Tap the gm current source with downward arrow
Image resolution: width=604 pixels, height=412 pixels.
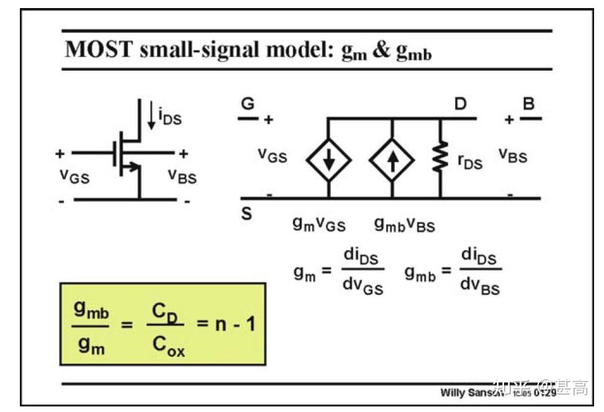pos(328,159)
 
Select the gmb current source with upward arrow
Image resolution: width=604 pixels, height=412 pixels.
pos(392,159)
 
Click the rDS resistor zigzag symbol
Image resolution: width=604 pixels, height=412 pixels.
pos(441,159)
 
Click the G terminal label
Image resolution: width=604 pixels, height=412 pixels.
pos(248,104)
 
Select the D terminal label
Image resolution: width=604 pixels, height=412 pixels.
pos(460,104)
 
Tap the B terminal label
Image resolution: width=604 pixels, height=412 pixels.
pos(528,104)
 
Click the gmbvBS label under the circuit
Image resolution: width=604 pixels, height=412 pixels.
pos(404,225)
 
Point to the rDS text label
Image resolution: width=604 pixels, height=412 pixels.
pos(470,163)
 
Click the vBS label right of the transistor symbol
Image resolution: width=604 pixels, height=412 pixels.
pos(182,176)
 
